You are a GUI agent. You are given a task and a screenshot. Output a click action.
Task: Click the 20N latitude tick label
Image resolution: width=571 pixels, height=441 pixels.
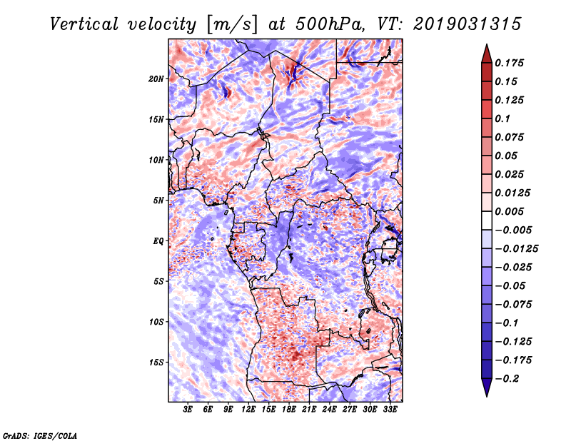(156, 78)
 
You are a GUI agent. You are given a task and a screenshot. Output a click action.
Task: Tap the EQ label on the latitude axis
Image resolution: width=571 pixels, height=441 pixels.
(158, 241)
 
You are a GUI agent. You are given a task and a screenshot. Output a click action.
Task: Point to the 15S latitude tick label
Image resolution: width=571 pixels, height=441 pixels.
(156, 363)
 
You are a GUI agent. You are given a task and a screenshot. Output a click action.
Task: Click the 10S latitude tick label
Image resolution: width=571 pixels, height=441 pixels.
(156, 322)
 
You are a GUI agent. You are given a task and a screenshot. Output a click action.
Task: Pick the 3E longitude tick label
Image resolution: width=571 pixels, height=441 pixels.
(188, 410)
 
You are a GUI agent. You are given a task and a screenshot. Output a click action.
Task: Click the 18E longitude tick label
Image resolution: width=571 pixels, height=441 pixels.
(289, 410)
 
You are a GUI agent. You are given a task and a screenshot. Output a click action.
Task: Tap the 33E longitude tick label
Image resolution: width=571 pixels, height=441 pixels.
(390, 410)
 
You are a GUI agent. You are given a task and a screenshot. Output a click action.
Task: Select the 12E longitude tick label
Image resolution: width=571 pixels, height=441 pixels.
(248, 410)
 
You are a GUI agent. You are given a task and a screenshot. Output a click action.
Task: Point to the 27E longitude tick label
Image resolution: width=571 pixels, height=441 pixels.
(350, 410)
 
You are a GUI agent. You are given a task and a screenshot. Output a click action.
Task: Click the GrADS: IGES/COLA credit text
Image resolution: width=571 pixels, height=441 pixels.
(39, 435)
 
